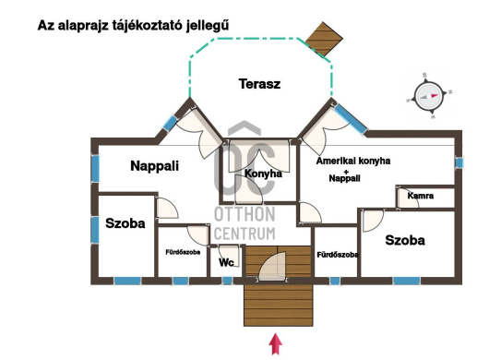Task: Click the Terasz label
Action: [x=259, y=84]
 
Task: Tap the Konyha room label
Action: [x=263, y=174]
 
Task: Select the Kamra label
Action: [x=421, y=196]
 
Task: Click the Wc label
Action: [x=226, y=262]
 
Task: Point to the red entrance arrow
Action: [x=276, y=343]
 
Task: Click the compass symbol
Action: [x=429, y=96]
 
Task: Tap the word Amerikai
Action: [x=335, y=161]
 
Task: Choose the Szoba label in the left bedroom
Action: [x=125, y=223]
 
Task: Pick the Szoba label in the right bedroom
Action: [x=405, y=240]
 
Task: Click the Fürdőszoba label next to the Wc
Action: [x=183, y=252]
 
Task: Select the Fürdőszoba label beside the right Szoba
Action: [x=338, y=255]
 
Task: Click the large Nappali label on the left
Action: [x=155, y=165]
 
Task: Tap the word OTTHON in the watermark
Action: [x=244, y=214]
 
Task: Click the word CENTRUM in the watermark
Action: [x=244, y=234]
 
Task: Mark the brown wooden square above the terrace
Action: [x=324, y=39]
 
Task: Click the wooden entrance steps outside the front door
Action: [x=279, y=306]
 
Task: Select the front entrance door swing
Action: [x=272, y=266]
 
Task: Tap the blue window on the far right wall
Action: [x=459, y=162]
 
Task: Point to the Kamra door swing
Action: [x=409, y=198]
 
